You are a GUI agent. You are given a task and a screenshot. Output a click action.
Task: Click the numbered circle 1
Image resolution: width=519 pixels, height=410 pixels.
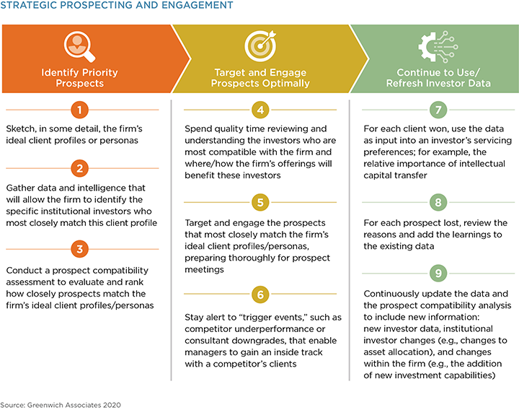click(79, 110)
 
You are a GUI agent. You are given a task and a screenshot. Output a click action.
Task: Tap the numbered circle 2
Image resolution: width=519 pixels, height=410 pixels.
click(79, 168)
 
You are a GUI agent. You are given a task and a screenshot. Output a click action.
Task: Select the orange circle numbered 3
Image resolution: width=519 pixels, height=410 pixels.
click(79, 249)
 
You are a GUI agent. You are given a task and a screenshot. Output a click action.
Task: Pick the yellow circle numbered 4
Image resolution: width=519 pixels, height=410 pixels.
click(260, 110)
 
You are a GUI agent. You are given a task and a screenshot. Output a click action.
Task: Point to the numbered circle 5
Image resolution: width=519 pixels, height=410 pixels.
click(260, 202)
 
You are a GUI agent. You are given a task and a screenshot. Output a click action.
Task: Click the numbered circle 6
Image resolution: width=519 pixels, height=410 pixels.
click(260, 295)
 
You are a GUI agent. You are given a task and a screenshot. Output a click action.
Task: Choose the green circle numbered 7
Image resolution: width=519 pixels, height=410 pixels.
click(438, 110)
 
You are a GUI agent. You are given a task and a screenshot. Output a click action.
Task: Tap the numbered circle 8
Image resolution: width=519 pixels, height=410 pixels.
click(438, 202)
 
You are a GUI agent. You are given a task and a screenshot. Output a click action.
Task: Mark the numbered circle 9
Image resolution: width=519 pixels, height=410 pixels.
click(438, 273)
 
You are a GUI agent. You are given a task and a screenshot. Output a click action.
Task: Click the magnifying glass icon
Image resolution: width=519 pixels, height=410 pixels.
click(79, 46)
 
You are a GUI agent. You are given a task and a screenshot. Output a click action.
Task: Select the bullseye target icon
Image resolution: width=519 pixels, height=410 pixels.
click(260, 46)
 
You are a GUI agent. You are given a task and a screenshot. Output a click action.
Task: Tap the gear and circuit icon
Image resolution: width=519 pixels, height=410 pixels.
click(438, 46)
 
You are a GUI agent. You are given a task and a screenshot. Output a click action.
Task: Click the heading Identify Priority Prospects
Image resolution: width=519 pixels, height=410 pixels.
click(79, 77)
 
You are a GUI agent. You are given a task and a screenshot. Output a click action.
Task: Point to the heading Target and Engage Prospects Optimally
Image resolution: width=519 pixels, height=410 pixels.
click(260, 77)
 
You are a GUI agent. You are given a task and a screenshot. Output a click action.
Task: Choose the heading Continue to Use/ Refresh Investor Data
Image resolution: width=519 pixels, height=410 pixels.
click(438, 77)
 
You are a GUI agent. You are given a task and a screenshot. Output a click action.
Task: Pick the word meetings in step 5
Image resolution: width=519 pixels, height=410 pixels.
click(204, 269)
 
